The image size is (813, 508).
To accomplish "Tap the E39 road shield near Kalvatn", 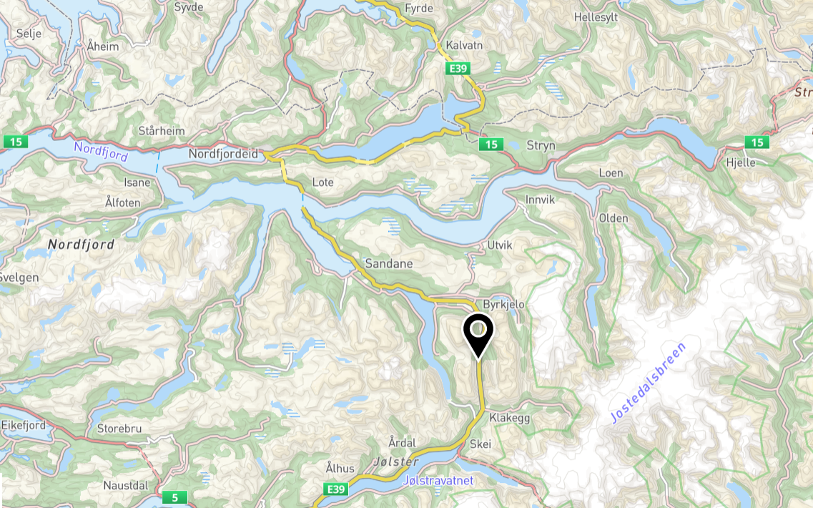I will click(x=458, y=68).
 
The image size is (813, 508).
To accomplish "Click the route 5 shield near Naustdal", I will click(x=174, y=497).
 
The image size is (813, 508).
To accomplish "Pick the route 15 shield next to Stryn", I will click(x=490, y=145).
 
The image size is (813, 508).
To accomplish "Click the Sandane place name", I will click(x=389, y=263).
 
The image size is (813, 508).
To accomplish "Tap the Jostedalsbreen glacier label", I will click(x=648, y=384).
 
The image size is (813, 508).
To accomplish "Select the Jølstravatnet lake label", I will click(x=438, y=480).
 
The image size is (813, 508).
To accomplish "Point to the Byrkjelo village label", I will click(x=504, y=304).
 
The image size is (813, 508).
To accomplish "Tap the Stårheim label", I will click(x=161, y=131).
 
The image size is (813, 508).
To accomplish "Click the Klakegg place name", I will click(x=510, y=418).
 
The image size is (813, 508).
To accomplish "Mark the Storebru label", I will click(x=119, y=429).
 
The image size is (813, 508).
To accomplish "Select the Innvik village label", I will click(x=540, y=200).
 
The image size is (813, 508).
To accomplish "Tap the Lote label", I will click(x=323, y=182).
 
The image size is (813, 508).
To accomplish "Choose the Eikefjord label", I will click(x=23, y=425).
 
